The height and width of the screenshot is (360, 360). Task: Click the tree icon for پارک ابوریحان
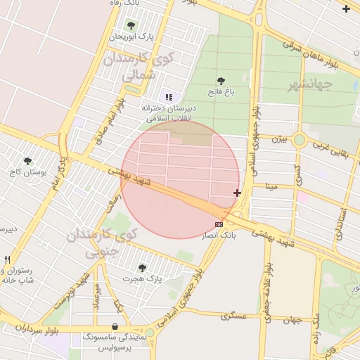pos(131,25)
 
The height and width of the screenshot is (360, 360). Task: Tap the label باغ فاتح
pos(219,91)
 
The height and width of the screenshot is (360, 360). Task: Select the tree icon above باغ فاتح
pos(221,82)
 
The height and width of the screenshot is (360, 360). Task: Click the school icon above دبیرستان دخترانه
pos(168,97)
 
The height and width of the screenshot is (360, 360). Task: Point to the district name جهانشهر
pos(309,86)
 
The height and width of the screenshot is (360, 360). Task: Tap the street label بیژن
pos(280,139)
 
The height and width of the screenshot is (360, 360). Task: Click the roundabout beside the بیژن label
pos(300,140)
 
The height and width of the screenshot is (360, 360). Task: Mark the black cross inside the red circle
pos(237,193)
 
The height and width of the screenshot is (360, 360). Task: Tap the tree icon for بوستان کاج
pos(27,161)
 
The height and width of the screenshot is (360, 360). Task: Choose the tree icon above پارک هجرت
pos(143,268)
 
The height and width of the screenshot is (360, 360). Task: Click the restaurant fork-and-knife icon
pos(8,259)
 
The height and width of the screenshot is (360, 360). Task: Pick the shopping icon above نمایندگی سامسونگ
pos(115,327)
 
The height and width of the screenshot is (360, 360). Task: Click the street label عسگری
pos(234,316)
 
